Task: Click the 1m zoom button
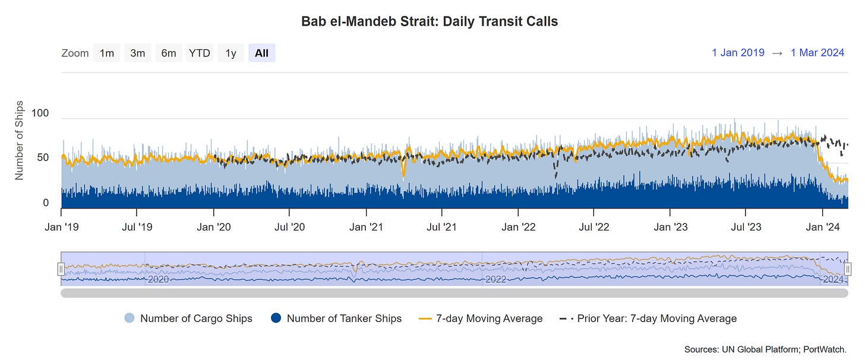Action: tap(107, 53)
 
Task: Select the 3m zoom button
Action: tap(138, 53)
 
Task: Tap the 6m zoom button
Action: tap(169, 53)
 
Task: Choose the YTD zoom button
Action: tap(200, 53)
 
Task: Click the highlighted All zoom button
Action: tap(261, 53)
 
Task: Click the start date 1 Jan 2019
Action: tap(738, 53)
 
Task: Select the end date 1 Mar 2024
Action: tap(817, 53)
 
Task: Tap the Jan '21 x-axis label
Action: tap(366, 227)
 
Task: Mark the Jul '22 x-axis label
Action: tap(594, 227)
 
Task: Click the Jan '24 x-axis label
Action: tap(822, 227)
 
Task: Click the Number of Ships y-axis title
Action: tap(19, 140)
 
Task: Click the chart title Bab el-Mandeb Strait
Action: tap(430, 22)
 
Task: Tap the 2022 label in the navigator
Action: tap(495, 279)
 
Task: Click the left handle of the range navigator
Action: tap(61, 269)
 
